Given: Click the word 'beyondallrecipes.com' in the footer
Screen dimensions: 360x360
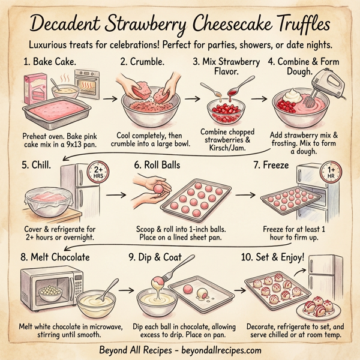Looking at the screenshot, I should (217, 350).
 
